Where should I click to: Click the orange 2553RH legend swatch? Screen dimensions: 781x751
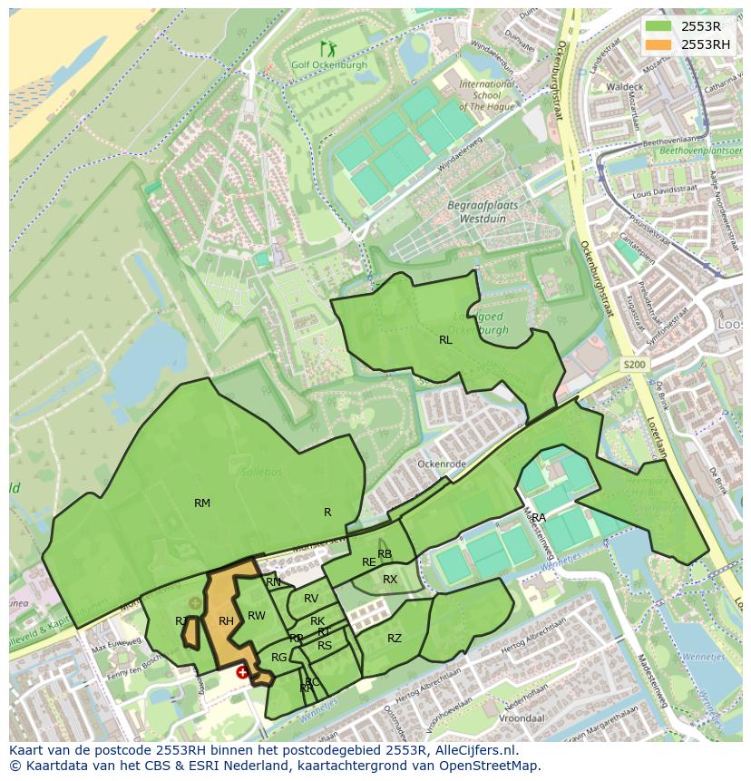(x=659, y=44)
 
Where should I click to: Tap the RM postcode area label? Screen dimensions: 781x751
(x=202, y=503)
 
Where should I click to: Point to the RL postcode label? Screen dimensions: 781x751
(x=445, y=340)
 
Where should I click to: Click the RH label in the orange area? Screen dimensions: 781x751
(x=226, y=621)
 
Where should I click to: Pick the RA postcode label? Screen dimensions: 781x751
(x=539, y=518)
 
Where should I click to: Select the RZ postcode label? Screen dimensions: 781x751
(x=395, y=639)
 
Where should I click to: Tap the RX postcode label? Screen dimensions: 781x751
(x=390, y=580)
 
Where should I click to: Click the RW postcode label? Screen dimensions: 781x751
(x=257, y=616)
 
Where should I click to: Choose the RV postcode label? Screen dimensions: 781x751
(x=311, y=599)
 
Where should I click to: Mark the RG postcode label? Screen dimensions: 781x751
(x=279, y=658)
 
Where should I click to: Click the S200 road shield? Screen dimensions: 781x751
(x=635, y=364)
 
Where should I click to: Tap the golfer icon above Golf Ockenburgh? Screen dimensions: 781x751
(x=327, y=49)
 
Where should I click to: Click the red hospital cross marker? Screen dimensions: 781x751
(x=242, y=672)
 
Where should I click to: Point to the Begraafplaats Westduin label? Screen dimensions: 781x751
(x=483, y=211)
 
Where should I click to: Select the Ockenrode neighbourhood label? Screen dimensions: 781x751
(x=441, y=464)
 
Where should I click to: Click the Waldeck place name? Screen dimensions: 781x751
(x=624, y=87)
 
